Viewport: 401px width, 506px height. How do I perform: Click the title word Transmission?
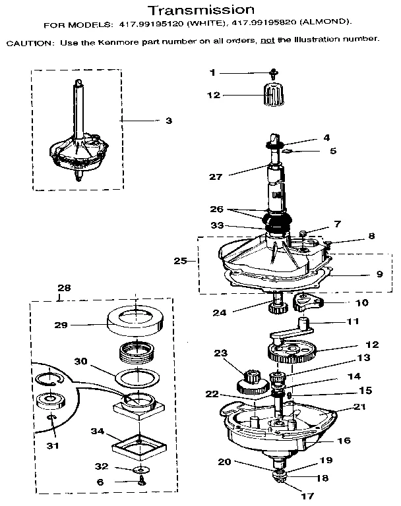coord(200,10)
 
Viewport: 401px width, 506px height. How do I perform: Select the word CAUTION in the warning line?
coord(27,40)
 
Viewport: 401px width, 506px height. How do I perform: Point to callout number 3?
coord(168,121)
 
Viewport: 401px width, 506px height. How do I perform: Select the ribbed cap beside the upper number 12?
coord(272,96)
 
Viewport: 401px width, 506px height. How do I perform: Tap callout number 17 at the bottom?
coord(307,495)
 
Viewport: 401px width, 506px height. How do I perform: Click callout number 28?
coord(63,288)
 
